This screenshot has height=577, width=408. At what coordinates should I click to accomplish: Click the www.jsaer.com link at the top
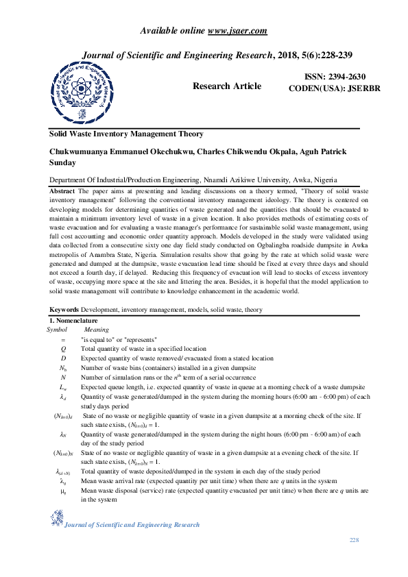tap(237, 31)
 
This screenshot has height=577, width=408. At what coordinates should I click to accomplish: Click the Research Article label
tap(227, 86)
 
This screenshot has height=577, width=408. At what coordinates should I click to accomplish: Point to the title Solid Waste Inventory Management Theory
tap(126, 134)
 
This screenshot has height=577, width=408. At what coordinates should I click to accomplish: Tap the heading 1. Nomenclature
tap(73, 321)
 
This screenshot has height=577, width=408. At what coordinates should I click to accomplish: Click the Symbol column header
tap(57, 330)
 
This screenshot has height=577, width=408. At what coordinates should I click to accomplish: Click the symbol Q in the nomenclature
tap(63, 348)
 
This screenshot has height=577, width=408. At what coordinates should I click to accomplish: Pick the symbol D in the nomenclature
tap(63, 358)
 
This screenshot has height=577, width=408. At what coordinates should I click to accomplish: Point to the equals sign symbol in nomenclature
tap(63, 339)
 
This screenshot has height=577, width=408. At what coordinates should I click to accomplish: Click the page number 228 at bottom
tap(354, 541)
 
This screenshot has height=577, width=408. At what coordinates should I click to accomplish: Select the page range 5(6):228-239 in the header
tap(322, 55)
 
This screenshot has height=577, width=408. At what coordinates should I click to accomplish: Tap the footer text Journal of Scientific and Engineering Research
tap(132, 524)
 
